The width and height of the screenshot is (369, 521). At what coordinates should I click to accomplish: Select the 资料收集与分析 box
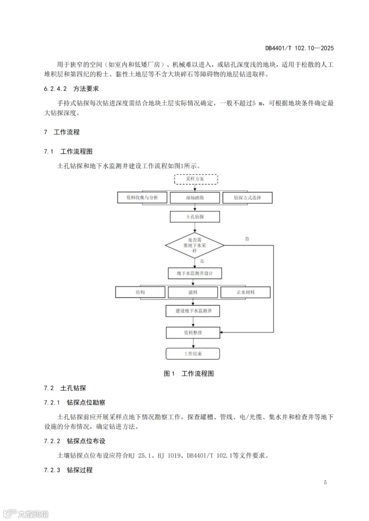pos(142,198)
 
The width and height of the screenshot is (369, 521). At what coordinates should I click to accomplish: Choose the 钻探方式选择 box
pos(247,198)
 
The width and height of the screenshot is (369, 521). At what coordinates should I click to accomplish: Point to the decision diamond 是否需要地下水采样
pos(195,245)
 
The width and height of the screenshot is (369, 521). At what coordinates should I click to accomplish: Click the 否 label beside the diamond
pos(247,239)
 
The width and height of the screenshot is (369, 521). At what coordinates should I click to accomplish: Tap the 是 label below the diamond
pos(202,261)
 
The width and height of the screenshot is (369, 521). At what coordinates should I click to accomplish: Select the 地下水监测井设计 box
pos(195,273)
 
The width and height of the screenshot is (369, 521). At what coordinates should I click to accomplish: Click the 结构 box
pos(140,292)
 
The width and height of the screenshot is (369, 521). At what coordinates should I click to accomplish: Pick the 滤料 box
pos(193,292)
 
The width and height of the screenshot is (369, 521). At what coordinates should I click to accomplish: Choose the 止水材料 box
pos(246,292)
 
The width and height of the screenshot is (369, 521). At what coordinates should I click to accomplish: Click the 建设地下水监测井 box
pos(193,311)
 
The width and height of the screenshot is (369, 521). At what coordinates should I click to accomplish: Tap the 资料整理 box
pos(193,333)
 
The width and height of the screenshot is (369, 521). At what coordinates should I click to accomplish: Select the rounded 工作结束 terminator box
pos(193,354)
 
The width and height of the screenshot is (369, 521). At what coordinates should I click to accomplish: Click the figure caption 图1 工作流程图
pos(189,374)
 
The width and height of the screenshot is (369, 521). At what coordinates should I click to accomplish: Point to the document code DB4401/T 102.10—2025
pos(299,48)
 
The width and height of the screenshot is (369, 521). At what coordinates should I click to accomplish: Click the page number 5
pos(325,482)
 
